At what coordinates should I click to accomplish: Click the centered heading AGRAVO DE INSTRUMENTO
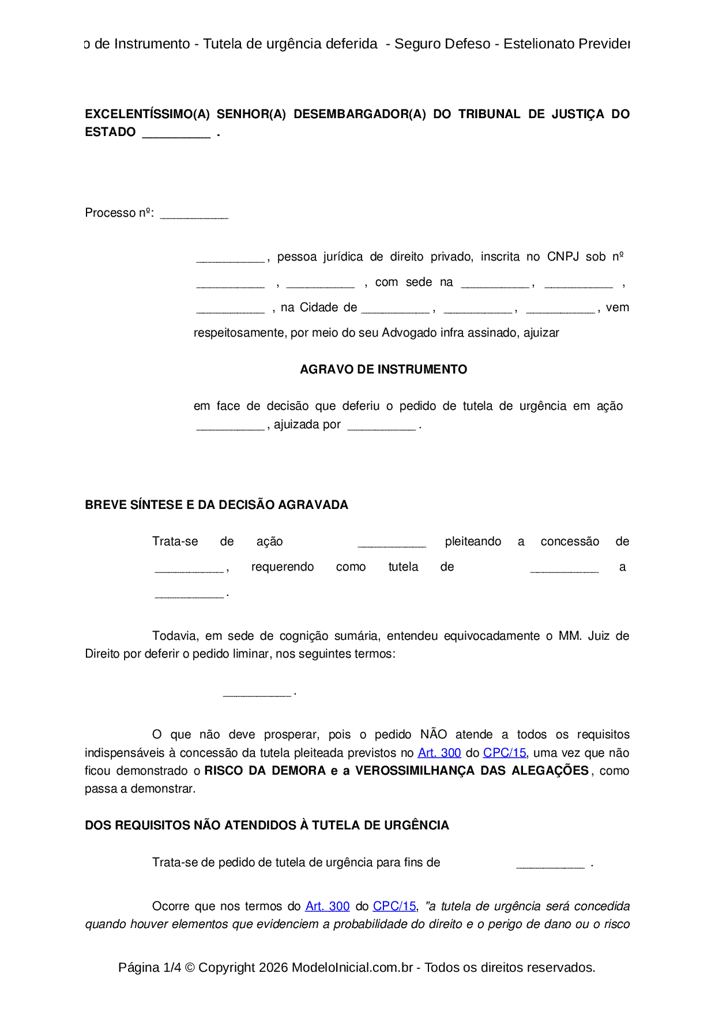click(383, 369)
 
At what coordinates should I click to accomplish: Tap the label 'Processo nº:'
click(119, 213)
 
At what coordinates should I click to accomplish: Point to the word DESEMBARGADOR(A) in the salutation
click(359, 114)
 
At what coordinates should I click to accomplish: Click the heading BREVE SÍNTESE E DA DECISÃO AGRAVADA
click(216, 505)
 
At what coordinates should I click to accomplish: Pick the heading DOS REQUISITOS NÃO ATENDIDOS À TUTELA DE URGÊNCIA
click(266, 825)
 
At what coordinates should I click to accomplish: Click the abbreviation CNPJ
click(563, 257)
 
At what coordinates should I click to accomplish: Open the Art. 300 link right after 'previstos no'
click(439, 753)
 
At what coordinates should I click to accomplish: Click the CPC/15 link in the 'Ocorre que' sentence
click(394, 906)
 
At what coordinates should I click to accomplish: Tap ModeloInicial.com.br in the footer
click(352, 968)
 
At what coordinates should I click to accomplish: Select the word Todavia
click(175, 636)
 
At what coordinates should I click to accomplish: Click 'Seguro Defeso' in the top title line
click(442, 44)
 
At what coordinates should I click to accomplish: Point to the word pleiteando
click(473, 542)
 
